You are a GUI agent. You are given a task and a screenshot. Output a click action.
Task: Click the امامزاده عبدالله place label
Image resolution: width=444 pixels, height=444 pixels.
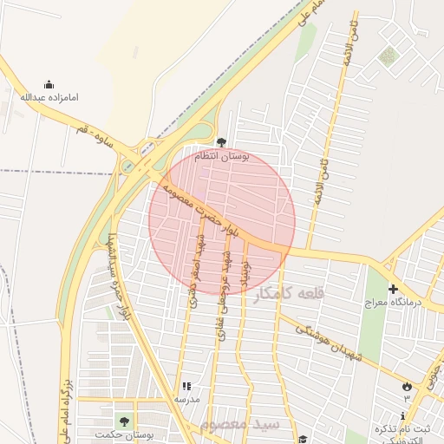pyautogui.click(x=49, y=96)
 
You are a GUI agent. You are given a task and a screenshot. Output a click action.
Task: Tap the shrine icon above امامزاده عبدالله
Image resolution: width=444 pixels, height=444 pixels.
pyautogui.click(x=49, y=84)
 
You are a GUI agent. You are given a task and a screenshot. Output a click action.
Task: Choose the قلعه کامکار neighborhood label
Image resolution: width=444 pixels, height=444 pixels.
pyautogui.click(x=289, y=294)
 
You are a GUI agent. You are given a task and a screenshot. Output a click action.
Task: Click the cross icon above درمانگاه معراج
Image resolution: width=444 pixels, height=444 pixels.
pyautogui.click(x=393, y=289)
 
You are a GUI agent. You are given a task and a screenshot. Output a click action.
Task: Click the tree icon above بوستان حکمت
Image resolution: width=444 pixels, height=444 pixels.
pyautogui.click(x=124, y=421)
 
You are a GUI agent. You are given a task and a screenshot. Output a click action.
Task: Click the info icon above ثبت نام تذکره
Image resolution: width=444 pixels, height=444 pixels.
pyautogui.click(x=402, y=417)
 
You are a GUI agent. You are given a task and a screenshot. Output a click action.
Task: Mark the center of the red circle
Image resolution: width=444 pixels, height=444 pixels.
pyautogui.click(x=222, y=221)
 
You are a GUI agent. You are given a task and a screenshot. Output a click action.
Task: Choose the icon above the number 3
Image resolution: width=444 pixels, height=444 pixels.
pyautogui.click(x=408, y=385)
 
